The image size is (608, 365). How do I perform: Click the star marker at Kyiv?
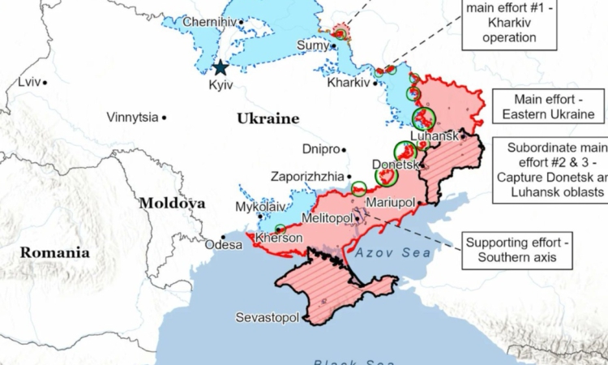tap(220, 68)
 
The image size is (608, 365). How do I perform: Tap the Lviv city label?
tap(28, 82)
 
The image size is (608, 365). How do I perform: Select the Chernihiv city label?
tap(208, 21)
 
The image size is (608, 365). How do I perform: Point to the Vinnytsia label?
tap(132, 117)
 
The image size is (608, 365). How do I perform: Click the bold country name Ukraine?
tap(268, 118)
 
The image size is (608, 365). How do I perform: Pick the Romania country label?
tap(54, 251)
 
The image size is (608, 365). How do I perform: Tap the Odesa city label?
tap(223, 244)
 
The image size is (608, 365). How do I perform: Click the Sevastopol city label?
tap(267, 317)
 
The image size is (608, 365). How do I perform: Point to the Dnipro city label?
tap(320, 149)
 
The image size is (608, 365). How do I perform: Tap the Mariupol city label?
tap(391, 201)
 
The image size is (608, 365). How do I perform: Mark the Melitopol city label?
tap(326, 218)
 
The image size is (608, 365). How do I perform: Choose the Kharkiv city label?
tap(348, 83)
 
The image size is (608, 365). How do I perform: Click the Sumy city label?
tap(312, 45)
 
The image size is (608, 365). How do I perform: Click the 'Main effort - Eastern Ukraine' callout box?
tap(547, 106)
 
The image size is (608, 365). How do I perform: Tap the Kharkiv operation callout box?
tap(512, 24)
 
